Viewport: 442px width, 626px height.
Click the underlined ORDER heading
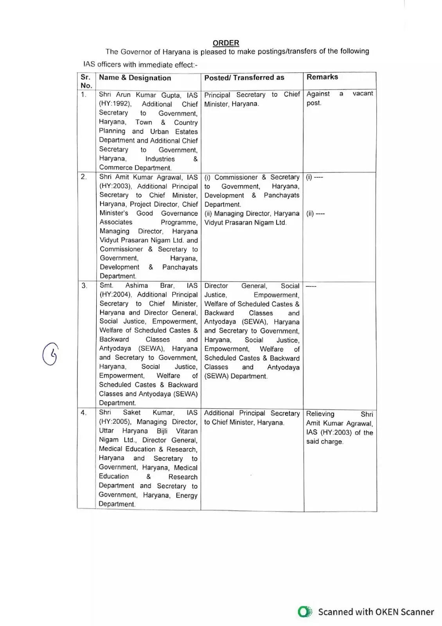(226, 43)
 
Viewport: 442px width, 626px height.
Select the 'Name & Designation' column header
(135, 78)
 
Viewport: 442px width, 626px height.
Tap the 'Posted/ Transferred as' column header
(244, 77)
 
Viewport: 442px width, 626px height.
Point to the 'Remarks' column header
(322, 77)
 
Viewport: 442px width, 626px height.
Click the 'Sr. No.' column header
(86, 81)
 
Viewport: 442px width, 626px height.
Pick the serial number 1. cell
(83, 94)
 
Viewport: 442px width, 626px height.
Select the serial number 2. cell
(84, 177)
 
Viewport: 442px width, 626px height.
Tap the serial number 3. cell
(84, 286)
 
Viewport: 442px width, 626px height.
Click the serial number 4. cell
(84, 412)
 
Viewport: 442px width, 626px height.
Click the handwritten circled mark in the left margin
(50, 354)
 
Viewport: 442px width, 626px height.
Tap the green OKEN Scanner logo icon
(304, 612)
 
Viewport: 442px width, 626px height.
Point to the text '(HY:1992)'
(115, 104)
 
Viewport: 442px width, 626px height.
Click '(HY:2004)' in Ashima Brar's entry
(115, 295)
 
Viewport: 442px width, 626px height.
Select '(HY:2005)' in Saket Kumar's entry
(115, 422)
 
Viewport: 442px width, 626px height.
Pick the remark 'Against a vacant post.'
(340, 98)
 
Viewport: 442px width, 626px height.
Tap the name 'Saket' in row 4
(131, 412)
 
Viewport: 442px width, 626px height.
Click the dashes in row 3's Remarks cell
(311, 286)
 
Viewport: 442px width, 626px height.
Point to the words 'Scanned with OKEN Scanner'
(376, 612)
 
